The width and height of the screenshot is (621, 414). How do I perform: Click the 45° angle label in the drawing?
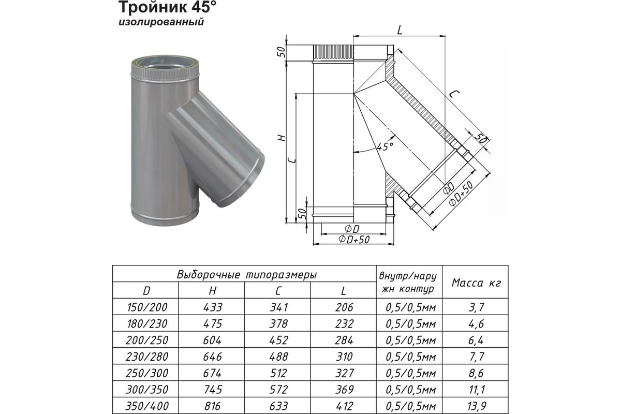coord(385,146)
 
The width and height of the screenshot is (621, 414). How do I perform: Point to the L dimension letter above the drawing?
coord(400,30)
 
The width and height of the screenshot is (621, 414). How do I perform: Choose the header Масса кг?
coord(476,283)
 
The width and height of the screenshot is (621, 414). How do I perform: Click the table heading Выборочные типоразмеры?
coord(246,274)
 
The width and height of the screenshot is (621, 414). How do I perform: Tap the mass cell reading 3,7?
coord(476,307)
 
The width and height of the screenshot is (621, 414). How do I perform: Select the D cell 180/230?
coord(147,323)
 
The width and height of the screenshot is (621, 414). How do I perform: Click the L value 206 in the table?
coord(344,307)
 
